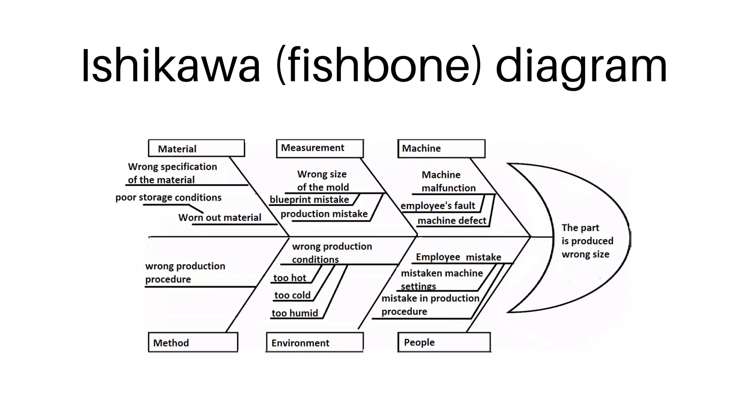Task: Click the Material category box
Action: (196, 148)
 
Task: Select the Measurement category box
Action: (320, 148)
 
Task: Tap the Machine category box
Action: (441, 148)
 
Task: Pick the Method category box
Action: (193, 342)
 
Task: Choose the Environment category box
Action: (314, 342)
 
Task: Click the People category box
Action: (444, 342)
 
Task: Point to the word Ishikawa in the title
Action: (171, 66)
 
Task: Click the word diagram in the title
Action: (581, 66)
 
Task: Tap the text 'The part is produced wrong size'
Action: (587, 241)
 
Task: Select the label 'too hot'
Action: (290, 278)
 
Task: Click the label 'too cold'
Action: (292, 295)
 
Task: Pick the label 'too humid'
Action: (294, 313)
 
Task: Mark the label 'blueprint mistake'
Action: (309, 199)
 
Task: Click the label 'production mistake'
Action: (324, 214)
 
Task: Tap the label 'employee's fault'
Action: (438, 206)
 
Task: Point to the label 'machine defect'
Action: (451, 221)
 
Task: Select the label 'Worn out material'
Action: (220, 217)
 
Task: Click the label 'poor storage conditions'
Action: (168, 197)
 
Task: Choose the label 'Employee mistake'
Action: (458, 257)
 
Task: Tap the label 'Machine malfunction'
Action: (448, 181)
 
